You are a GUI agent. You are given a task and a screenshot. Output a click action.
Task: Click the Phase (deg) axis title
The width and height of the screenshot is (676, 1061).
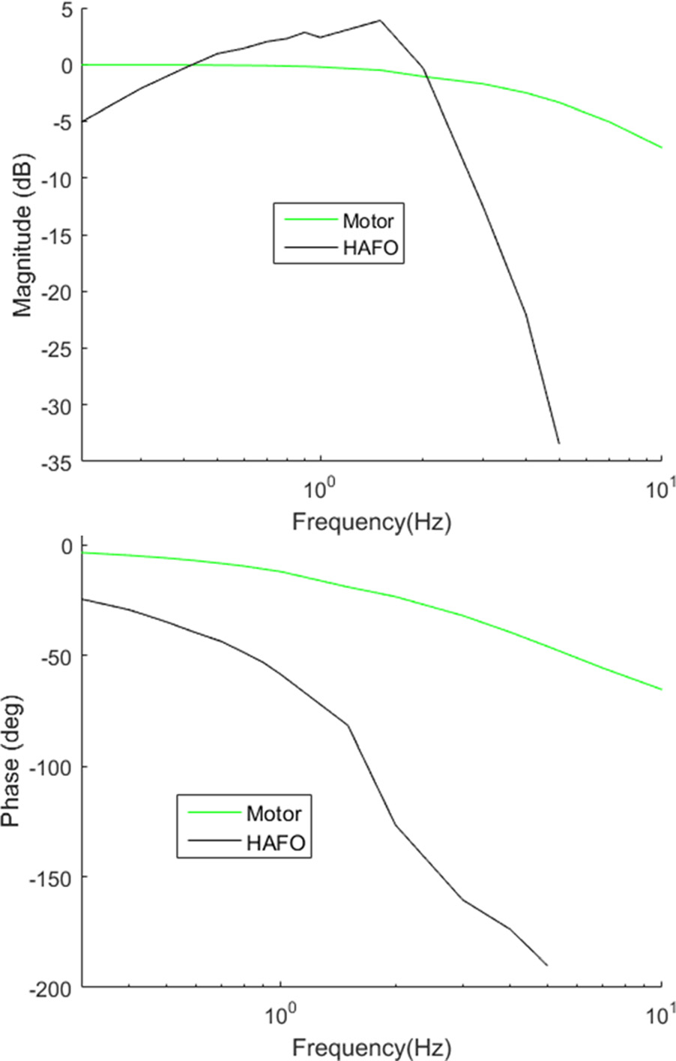pos(12,762)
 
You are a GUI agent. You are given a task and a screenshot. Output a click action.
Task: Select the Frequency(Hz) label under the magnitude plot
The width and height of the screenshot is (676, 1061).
pos(372,521)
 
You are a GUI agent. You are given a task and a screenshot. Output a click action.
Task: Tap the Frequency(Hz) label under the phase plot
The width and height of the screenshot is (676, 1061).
pos(372,1046)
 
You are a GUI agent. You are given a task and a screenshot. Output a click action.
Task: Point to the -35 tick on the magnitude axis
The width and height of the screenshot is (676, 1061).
pos(58,461)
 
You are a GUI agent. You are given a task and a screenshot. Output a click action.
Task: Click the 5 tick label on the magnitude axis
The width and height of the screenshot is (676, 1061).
pos(67,9)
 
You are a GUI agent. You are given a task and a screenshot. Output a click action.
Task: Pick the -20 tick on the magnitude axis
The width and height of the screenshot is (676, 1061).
pos(58,292)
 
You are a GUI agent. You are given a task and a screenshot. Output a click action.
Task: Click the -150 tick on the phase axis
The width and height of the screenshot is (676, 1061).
pos(52,877)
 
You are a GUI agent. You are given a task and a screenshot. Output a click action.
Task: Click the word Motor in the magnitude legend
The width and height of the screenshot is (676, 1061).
pos(368,220)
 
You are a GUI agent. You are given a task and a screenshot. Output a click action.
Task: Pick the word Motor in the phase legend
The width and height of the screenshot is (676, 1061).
pos(274,814)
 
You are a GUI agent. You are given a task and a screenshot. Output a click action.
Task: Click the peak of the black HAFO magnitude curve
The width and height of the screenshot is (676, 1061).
pos(380,20)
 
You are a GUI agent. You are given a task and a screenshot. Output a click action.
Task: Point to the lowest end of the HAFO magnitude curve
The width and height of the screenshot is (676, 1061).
pos(558,443)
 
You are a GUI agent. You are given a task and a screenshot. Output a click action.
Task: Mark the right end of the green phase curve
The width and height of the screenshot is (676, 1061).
pos(662,689)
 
